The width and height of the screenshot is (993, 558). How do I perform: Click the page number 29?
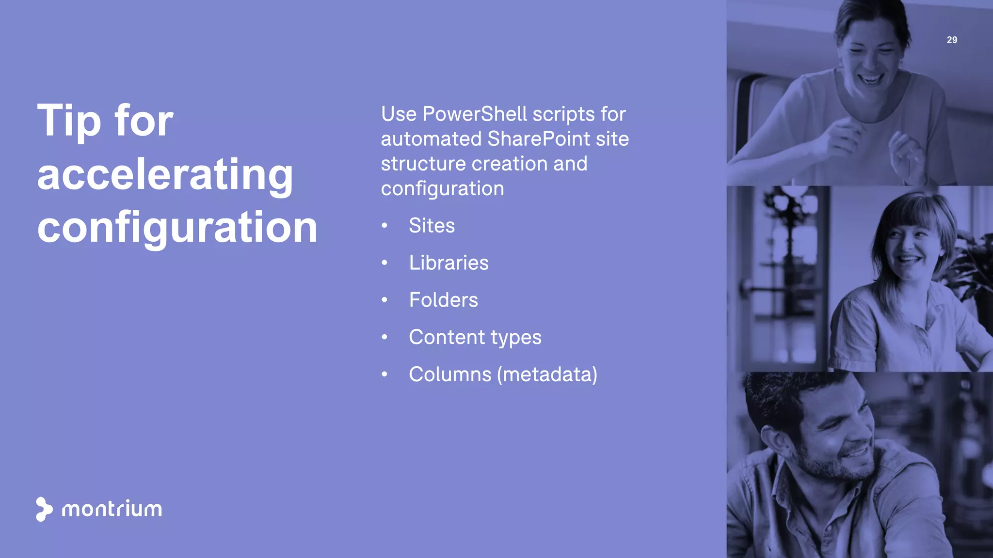coord(952,40)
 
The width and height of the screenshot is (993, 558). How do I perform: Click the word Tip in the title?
coord(69,121)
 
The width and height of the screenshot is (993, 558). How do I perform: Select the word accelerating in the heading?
coord(165,174)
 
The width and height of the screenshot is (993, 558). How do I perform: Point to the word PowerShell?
coord(474,114)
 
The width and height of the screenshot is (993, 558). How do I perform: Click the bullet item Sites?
coord(432,226)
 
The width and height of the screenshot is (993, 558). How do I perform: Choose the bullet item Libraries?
coord(448,263)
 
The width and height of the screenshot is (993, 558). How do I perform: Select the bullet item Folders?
coord(443,300)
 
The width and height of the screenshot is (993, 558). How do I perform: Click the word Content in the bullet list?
coord(447,337)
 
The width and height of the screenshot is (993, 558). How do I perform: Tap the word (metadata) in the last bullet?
coord(547,374)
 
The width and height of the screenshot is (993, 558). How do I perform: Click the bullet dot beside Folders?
coord(384,300)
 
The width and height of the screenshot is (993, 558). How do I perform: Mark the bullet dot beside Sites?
coord(384,226)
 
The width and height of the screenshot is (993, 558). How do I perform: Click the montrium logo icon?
coord(44,509)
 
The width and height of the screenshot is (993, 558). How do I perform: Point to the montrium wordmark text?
coord(112,509)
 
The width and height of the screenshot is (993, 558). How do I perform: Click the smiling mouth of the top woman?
coord(871,77)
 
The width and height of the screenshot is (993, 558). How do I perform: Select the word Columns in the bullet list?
coord(450,374)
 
